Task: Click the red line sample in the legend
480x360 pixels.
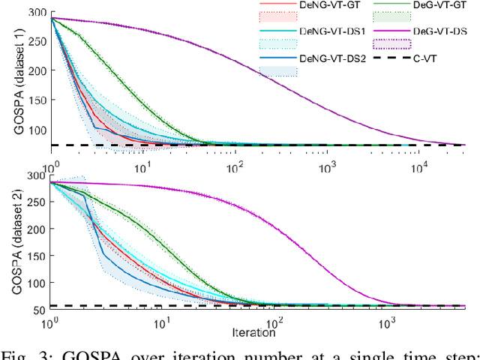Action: tap(277, 6)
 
